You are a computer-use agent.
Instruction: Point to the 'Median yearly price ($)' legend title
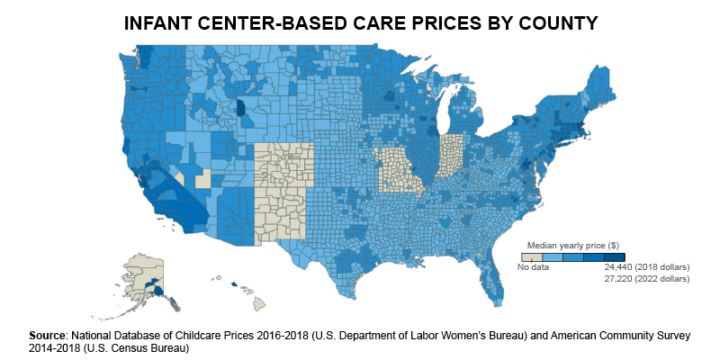pos(573,246)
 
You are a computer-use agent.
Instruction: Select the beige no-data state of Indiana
pos(451,157)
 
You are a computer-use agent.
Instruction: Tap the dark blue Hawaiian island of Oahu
pos(234,284)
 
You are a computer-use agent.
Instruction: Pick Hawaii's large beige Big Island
pos(260,303)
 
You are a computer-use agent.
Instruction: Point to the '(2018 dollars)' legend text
pos(662,267)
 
